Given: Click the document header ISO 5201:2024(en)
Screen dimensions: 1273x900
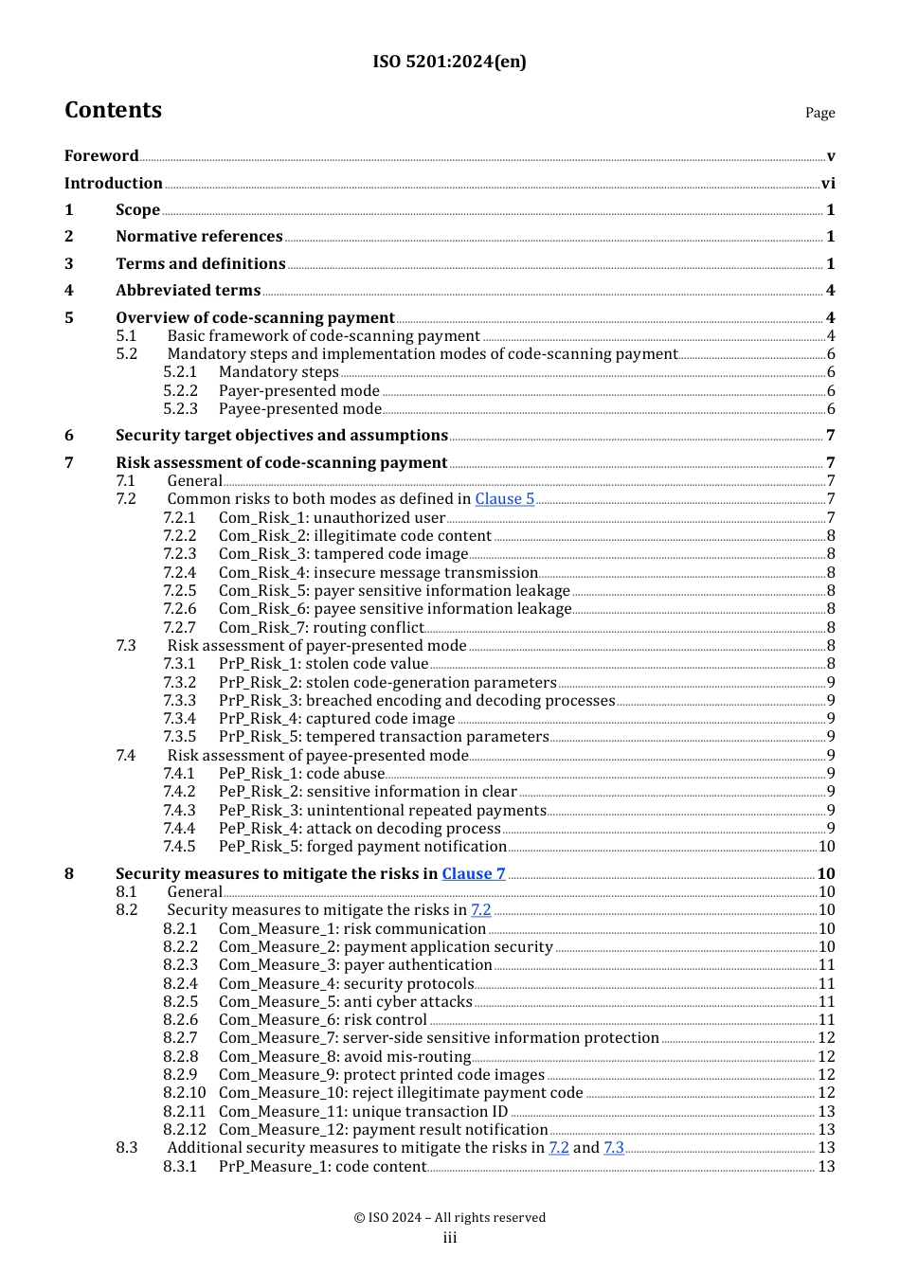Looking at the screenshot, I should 449,62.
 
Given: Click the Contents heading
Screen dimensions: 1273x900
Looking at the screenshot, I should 113,110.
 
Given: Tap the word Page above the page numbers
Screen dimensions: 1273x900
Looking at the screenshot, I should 819,113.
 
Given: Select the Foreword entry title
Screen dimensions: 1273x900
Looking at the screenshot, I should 101,156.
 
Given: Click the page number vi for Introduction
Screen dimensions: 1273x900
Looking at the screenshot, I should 828,184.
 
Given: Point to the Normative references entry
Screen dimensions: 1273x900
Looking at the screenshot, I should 199,237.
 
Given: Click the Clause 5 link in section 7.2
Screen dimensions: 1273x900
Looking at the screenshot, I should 504,499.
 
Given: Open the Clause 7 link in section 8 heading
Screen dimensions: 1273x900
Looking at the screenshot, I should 473,874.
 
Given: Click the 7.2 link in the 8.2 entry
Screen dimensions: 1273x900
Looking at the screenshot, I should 481,910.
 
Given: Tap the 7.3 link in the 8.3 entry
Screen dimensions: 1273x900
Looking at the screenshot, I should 614,1148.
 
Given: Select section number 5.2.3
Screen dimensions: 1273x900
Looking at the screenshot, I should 180,409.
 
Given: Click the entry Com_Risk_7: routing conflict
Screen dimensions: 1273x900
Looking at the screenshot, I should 321,628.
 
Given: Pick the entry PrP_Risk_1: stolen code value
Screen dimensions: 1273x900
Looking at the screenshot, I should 323,664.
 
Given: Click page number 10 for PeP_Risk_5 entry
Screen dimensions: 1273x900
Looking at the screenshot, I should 826,847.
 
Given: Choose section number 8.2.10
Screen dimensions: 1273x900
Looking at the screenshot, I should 184,1093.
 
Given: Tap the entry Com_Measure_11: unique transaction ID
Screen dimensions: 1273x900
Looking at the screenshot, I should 363,1112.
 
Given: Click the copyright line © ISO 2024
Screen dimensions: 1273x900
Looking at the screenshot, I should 449,1218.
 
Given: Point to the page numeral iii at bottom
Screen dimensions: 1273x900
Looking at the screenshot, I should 449,1238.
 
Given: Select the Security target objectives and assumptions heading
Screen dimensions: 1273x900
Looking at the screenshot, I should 281,436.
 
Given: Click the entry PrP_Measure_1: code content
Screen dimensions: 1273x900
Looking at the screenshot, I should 322,1167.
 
